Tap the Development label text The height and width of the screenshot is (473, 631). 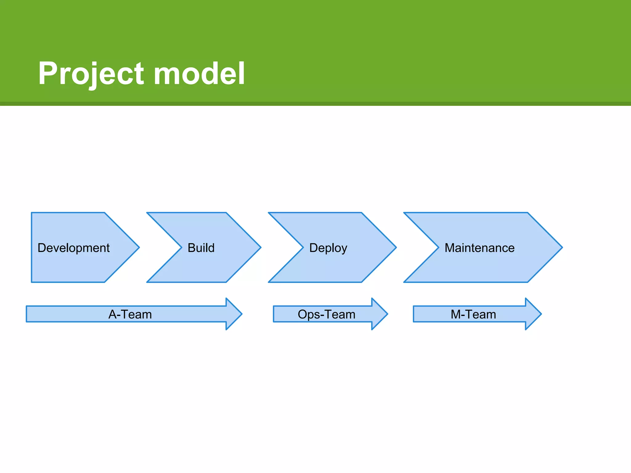[73, 248]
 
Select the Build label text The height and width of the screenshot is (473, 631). [201, 248]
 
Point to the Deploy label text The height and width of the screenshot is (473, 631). [328, 248]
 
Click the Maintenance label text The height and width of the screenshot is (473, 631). [479, 248]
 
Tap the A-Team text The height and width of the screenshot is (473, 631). [130, 314]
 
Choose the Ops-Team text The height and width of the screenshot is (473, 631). [327, 314]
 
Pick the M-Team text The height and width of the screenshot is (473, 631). [473, 314]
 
